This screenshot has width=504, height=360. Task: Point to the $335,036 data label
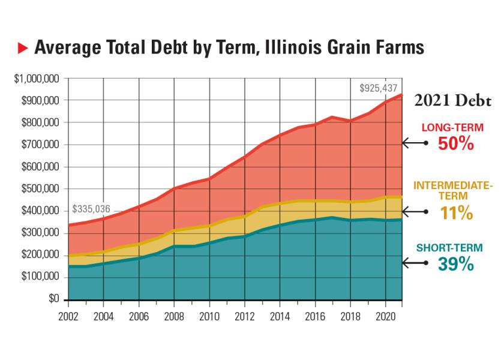coord(91,209)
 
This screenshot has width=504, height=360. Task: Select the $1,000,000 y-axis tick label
coord(37,79)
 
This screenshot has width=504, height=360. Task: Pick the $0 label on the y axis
coord(53,299)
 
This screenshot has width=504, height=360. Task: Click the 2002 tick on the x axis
coord(68,314)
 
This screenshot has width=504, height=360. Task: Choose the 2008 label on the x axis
coord(174,314)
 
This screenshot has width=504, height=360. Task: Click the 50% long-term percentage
coord(457,144)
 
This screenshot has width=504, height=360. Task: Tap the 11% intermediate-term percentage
coord(457,213)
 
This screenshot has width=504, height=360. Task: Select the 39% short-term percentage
coord(457,263)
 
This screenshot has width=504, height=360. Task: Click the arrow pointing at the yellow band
coord(415,212)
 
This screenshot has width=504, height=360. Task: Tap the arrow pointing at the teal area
coord(415,263)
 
